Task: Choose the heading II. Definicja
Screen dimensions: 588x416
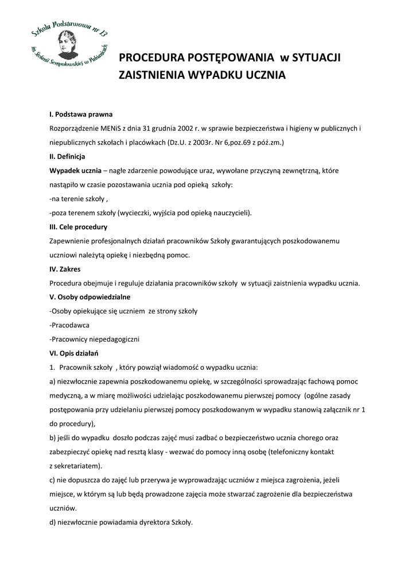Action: [x=67, y=156]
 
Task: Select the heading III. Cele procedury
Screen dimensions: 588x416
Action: [x=78, y=227]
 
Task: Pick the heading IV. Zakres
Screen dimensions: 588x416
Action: [x=65, y=269]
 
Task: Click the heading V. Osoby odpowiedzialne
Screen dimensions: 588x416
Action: [x=90, y=297]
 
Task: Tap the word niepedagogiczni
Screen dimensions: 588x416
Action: [x=114, y=339]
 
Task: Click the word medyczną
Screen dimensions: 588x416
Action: [x=67, y=395]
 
